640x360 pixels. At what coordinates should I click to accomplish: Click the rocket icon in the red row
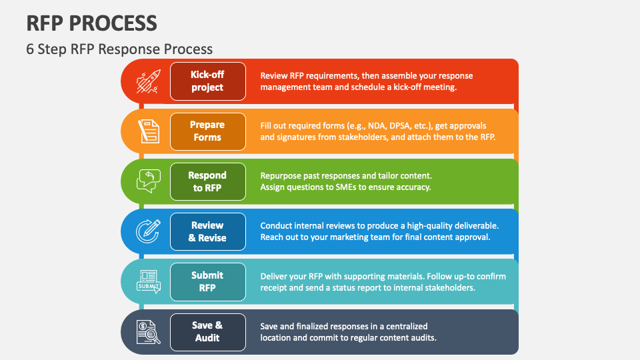[149, 81]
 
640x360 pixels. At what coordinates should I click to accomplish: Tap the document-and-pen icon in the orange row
[149, 131]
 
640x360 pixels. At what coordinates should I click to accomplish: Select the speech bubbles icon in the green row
[149, 181]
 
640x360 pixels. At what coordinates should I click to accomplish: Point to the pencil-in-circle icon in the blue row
[148, 231]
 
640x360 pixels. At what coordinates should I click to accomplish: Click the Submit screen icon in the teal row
[149, 281]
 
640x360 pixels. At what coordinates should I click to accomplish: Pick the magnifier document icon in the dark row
[149, 332]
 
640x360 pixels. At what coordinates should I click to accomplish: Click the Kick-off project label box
[208, 81]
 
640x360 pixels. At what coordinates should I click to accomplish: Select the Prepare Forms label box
[208, 131]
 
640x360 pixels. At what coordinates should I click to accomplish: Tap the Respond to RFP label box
[208, 181]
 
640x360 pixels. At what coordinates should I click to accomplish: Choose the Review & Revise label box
[208, 231]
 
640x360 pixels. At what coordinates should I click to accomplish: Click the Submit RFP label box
[208, 281]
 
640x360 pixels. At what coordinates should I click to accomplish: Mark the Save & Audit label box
[208, 332]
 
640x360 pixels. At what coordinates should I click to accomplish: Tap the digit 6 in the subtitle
[30, 49]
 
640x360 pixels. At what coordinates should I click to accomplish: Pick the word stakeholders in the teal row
[450, 288]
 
